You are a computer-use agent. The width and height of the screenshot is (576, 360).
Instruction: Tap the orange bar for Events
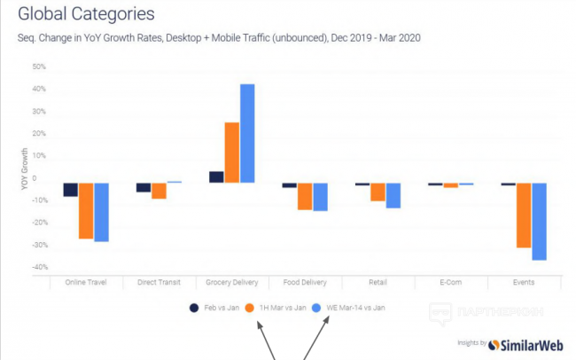pyautogui.click(x=524, y=215)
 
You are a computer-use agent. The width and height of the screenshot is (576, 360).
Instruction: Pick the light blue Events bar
pyautogui.click(x=539, y=222)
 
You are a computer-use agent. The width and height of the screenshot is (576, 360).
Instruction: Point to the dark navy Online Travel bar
pyautogui.click(x=71, y=190)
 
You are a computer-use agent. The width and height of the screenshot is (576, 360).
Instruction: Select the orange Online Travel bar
pyautogui.click(x=86, y=211)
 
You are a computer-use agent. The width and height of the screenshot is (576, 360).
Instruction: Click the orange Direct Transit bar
pyautogui.click(x=159, y=191)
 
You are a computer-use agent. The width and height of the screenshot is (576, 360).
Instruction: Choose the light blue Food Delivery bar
pyautogui.click(x=320, y=197)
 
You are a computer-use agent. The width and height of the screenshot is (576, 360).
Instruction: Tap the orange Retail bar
pyautogui.click(x=378, y=192)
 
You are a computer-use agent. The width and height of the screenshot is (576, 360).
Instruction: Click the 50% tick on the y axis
pyautogui.click(x=39, y=67)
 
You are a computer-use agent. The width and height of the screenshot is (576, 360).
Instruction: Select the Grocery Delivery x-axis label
pyautogui.click(x=232, y=283)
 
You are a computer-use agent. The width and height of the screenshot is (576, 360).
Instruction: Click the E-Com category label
pyautogui.click(x=450, y=283)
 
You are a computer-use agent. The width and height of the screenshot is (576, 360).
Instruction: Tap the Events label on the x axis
pyautogui.click(x=523, y=283)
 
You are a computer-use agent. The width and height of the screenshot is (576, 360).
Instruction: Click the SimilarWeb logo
pyautogui.click(x=527, y=343)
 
